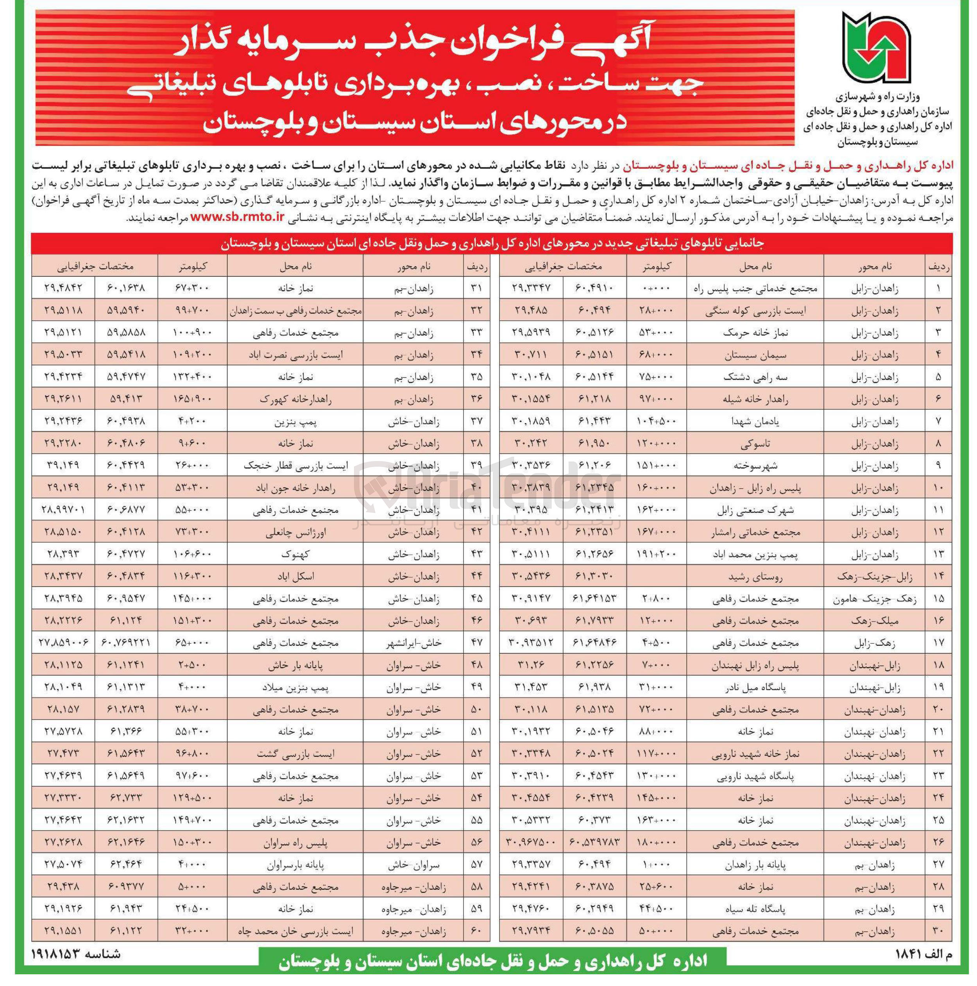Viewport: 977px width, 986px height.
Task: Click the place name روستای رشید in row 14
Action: (755, 577)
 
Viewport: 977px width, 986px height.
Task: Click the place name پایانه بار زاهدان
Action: (755, 865)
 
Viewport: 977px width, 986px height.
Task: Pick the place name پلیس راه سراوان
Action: (295, 843)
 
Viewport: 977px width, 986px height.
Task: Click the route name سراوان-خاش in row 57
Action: (413, 865)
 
